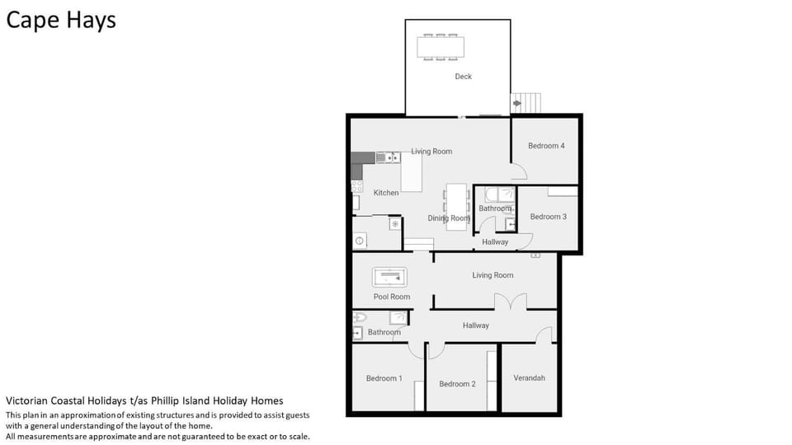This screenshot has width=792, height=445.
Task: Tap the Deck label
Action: pyautogui.click(x=463, y=77)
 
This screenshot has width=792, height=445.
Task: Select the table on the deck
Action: pyautogui.click(x=441, y=47)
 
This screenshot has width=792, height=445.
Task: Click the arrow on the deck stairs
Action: pyautogui.click(x=516, y=103)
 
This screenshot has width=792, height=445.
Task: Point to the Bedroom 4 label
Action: pyautogui.click(x=546, y=146)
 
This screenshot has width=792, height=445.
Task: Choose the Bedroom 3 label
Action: pyautogui.click(x=548, y=217)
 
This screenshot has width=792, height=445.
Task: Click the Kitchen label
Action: pyautogui.click(x=386, y=193)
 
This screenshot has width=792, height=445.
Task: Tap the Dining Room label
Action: pyautogui.click(x=449, y=218)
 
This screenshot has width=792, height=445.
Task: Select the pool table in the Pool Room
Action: pyautogui.click(x=389, y=277)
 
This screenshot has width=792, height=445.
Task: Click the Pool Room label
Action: pyautogui.click(x=391, y=297)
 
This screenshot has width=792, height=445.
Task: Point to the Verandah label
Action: pyautogui.click(x=529, y=378)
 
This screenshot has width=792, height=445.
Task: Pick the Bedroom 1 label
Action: pyautogui.click(x=384, y=378)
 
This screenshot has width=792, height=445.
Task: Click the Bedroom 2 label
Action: pyautogui.click(x=457, y=384)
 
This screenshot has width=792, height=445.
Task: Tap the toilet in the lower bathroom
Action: pyautogui.click(x=359, y=317)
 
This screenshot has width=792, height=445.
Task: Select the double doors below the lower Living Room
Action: pyautogui.click(x=510, y=302)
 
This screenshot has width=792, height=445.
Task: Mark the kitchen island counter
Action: pyautogui.click(x=411, y=171)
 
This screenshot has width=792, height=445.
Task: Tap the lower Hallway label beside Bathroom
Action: pyautogui.click(x=475, y=326)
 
